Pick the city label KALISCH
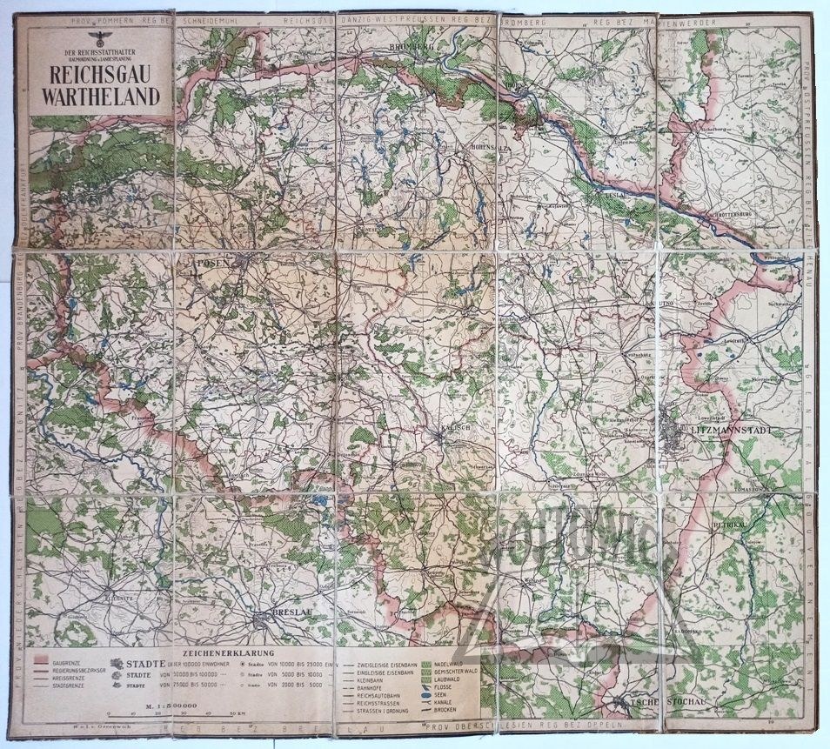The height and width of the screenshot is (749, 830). pyautogui.click(x=453, y=431)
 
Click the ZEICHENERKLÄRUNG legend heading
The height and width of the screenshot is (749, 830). pyautogui.click(x=227, y=652)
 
